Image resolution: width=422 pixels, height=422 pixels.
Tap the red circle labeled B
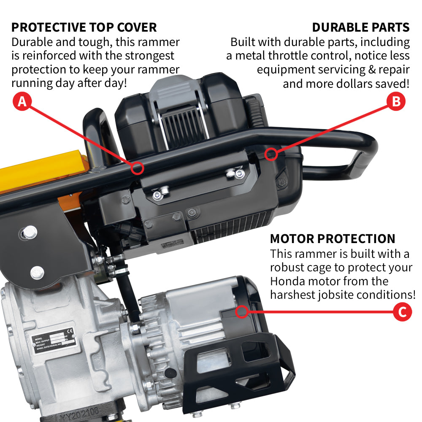click(396, 102)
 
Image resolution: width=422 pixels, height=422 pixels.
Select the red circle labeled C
click(402, 312)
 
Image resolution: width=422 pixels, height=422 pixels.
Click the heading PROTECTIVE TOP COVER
click(84, 27)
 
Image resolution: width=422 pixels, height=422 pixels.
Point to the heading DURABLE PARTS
click(360, 27)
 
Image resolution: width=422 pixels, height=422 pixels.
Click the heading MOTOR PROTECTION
click(333, 238)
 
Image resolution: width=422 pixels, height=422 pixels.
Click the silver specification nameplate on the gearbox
click(55, 337)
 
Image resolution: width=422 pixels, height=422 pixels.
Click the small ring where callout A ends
click(137, 168)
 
